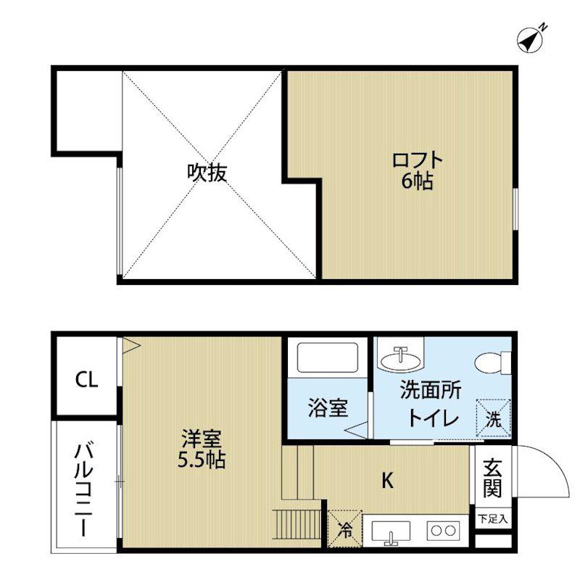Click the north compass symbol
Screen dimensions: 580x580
click(531, 39)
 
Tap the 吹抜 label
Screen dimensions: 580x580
click(207, 173)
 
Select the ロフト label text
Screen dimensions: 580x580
click(418, 160)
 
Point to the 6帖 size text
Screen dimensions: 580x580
click(418, 181)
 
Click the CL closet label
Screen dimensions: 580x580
click(86, 379)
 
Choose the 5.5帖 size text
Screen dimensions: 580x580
click(202, 460)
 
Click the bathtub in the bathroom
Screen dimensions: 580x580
click(328, 357)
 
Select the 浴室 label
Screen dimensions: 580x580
click(328, 407)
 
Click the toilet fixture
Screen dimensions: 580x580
click(493, 362)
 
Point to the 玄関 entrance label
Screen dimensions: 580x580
click(492, 478)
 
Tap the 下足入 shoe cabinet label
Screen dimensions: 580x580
click(492, 519)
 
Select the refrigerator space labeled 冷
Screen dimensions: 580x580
click(345, 529)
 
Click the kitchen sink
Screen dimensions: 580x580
click(391, 532)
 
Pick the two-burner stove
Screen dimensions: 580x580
click(443, 531)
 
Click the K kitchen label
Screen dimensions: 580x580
click(387, 481)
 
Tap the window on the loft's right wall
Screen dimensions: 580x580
click(515, 209)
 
